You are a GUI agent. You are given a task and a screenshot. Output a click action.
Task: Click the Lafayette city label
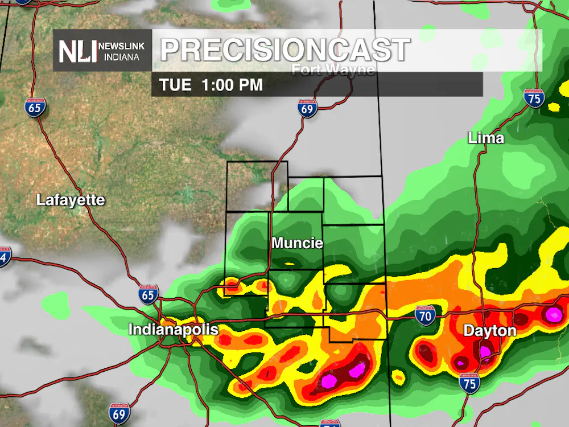[x=71, y=200]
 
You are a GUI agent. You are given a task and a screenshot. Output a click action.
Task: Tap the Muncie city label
[x=297, y=243]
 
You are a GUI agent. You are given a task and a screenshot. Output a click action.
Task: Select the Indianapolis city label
[x=173, y=330]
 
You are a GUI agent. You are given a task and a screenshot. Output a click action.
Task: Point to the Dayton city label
[x=489, y=331]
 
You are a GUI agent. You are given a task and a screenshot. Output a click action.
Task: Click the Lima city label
[x=485, y=138]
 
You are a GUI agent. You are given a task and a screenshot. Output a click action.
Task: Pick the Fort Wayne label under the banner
[x=333, y=70]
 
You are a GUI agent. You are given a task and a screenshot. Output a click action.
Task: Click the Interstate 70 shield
[x=425, y=315]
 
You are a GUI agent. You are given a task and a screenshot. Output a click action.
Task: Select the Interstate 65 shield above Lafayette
[x=36, y=106]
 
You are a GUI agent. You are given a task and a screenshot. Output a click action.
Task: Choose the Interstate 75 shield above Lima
[x=534, y=98]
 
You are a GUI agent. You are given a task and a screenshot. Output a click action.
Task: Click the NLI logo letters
[x=78, y=51]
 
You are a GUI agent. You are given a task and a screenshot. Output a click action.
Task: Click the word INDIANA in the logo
[x=121, y=57]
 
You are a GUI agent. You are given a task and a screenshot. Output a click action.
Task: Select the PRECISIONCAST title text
[x=284, y=50]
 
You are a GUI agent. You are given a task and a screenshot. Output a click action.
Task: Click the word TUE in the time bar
[x=175, y=85]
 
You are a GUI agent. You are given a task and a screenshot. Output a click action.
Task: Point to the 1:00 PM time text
[x=232, y=85]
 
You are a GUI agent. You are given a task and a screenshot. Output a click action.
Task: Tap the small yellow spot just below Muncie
[x=290, y=264]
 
